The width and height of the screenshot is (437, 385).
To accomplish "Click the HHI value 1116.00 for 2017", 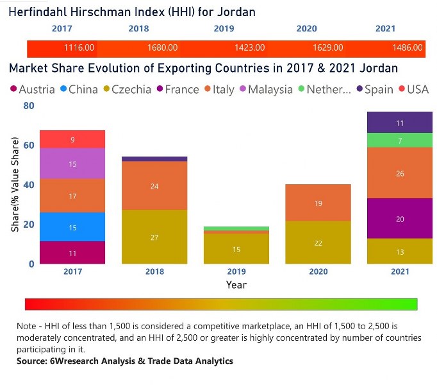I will (x=79, y=48).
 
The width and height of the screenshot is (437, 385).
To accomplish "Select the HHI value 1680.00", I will (x=163, y=48).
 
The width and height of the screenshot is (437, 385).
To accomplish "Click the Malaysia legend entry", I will (x=265, y=90).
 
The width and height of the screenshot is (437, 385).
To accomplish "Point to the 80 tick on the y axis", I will (x=28, y=106).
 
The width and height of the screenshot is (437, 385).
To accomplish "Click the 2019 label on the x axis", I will (x=236, y=271).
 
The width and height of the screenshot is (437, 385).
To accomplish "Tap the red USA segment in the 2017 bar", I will (x=72, y=139).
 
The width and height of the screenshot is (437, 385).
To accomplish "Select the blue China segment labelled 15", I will (x=72, y=227).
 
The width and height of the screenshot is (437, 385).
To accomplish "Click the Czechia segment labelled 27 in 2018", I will (x=154, y=237).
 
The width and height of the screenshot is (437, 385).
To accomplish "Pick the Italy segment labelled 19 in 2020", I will (x=318, y=203).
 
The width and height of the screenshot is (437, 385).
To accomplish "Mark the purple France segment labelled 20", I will (x=399, y=219).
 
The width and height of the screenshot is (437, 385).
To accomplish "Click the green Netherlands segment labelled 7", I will (x=399, y=140).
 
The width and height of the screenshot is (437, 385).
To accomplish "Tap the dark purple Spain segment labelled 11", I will (x=399, y=123).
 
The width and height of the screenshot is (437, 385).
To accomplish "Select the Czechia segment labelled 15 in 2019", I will (x=236, y=249).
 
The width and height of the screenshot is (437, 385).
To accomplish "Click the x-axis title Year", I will (x=236, y=284).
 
